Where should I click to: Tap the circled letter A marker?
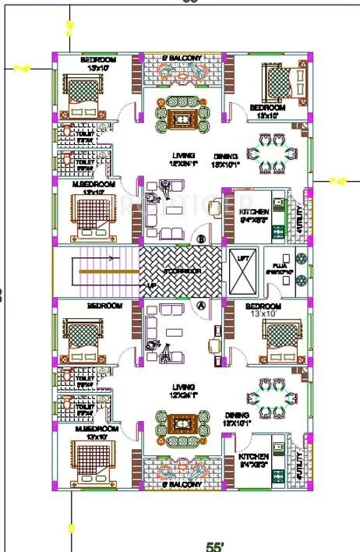(x=201, y=306)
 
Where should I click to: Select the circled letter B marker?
(x=201, y=239)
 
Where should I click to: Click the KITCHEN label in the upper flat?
(x=254, y=212)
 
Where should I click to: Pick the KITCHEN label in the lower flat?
(x=255, y=456)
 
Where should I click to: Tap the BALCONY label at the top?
(x=181, y=58)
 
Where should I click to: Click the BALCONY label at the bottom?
(x=181, y=485)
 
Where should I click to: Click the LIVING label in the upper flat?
(x=184, y=155)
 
